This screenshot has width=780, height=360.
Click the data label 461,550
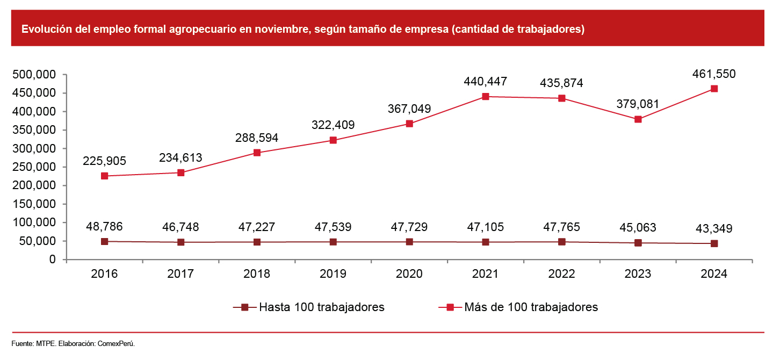tap(714, 74)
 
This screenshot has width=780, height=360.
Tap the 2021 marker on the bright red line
tap(486, 97)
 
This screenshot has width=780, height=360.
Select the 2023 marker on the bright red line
tap(638, 119)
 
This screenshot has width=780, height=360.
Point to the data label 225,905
tap(104, 161)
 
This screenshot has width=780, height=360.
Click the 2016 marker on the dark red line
tap(105, 242)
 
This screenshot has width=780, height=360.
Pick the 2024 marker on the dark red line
tap(714, 243)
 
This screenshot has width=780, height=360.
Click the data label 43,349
tap(714, 229)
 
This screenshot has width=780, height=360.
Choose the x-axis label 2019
tap(333, 274)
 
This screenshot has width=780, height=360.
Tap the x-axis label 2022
tap(562, 274)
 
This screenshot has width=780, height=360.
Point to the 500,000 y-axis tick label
tap(34, 75)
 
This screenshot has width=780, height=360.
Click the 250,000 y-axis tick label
tap(34, 167)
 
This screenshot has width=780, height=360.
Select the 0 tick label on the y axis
tap(52, 260)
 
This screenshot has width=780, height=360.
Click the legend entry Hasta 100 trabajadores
tap(321, 307)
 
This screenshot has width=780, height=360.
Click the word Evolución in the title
tap(44, 30)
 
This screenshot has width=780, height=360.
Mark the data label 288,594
tap(257, 138)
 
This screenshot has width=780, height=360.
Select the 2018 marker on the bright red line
tap(257, 153)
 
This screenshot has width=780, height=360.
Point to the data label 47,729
tap(409, 227)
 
